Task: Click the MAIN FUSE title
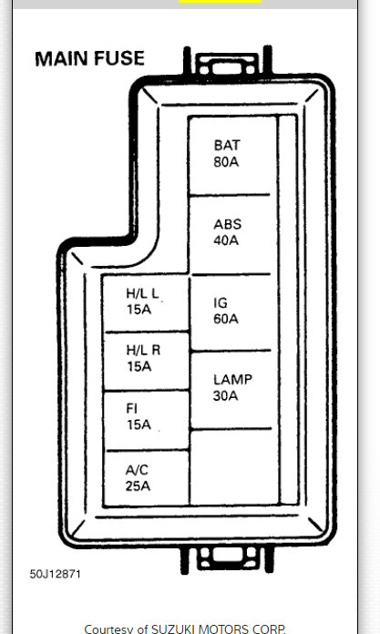pos(89,59)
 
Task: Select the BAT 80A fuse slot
pos(230,155)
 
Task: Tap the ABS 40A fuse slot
pos(230,233)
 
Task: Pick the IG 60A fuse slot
pos(230,312)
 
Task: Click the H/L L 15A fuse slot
pos(145,302)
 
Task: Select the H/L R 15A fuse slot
pos(145,361)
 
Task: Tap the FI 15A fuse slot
pos(145,418)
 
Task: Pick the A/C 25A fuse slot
pos(145,476)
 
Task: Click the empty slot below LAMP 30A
pos(230,466)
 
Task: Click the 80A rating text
pos(227,162)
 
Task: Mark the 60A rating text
pos(227,319)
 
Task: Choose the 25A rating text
pos(139,485)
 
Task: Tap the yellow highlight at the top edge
pos(220,2)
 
